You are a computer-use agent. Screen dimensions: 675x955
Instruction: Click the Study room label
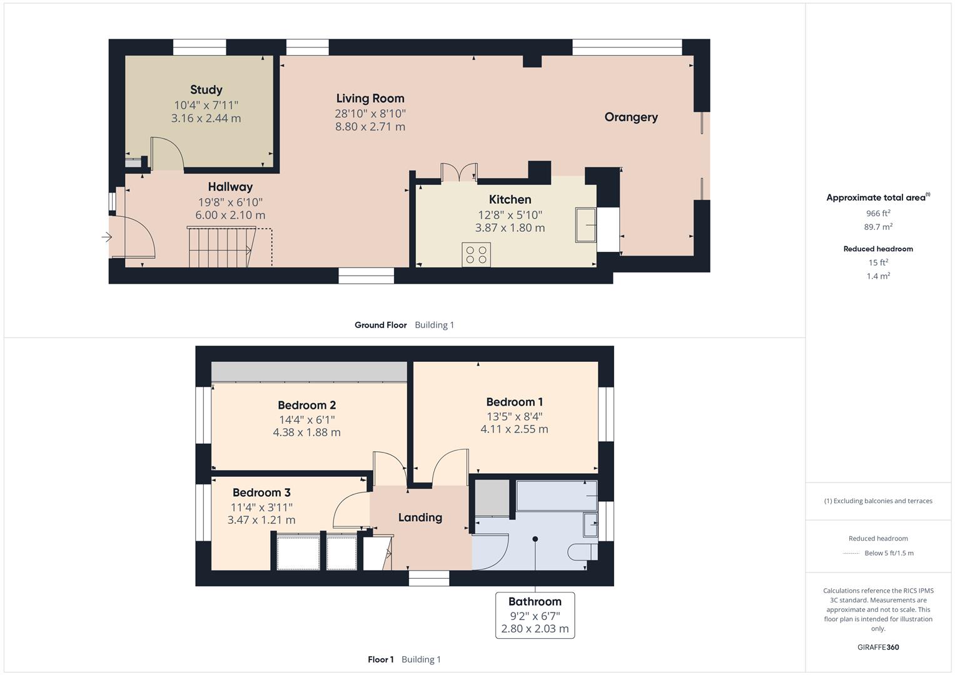tap(206, 90)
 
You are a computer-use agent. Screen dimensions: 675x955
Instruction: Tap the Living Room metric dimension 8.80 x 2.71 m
tap(370, 127)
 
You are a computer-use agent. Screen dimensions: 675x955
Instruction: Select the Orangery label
tap(630, 117)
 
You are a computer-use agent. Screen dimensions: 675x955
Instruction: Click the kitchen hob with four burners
tap(476, 254)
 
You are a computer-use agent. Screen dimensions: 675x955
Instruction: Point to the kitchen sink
tap(586, 224)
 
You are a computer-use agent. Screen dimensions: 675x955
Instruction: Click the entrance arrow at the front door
tap(107, 237)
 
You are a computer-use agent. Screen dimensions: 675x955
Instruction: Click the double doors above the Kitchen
tap(459, 172)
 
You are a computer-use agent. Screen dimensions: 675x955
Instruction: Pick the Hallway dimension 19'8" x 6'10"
tap(230, 202)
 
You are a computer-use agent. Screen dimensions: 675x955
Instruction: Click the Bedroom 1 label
tap(514, 402)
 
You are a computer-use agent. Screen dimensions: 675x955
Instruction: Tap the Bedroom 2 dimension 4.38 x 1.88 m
tap(306, 432)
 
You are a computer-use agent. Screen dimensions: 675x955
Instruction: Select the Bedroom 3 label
tap(261, 492)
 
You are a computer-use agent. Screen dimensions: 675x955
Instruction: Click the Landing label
tap(420, 517)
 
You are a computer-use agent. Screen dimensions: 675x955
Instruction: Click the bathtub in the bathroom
tap(555, 496)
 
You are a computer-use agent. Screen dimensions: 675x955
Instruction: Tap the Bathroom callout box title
tap(535, 602)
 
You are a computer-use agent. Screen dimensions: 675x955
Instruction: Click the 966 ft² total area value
tap(878, 213)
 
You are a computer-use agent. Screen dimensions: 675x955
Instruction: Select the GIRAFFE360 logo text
tap(878, 647)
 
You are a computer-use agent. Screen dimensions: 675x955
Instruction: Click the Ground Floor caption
tap(380, 325)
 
